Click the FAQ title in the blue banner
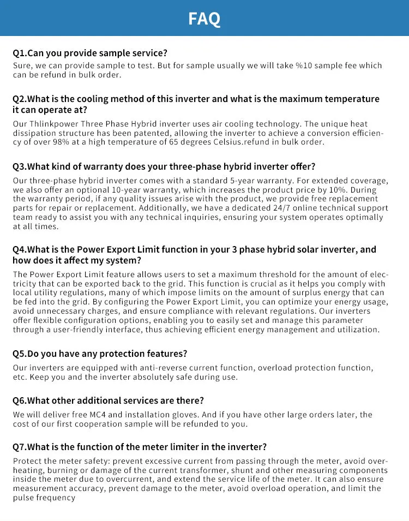(x=204, y=19)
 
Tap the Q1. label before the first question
(x=20, y=53)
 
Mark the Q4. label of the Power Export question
(x=20, y=249)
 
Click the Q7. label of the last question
(x=20, y=447)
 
